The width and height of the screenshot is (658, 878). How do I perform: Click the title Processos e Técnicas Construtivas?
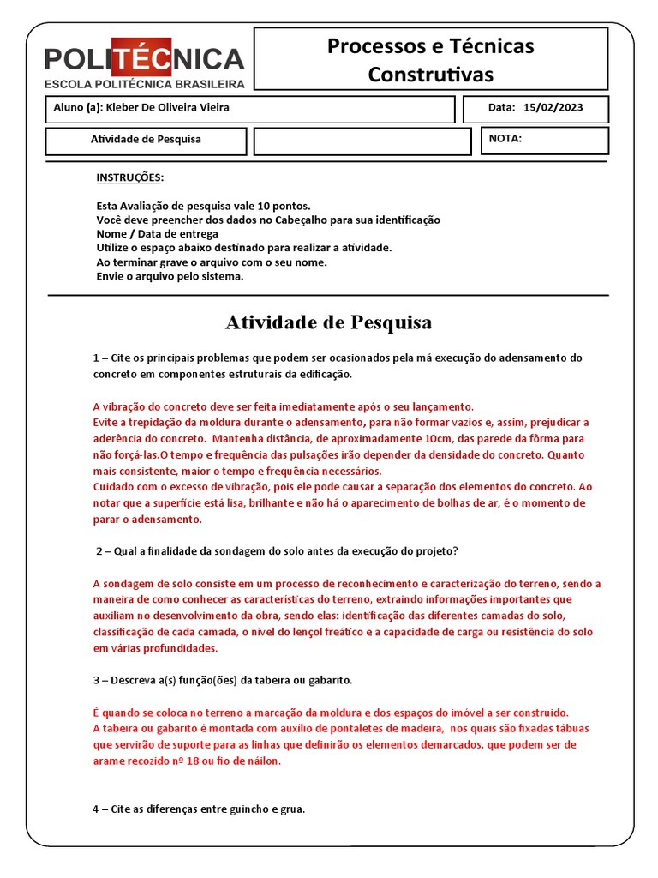coord(430,59)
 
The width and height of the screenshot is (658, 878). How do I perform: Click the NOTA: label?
coord(505,138)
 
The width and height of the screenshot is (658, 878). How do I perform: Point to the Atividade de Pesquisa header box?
coord(146,139)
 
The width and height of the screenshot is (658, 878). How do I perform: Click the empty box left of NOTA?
coord(362,141)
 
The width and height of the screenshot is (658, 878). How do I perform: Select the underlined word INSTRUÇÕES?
coord(129,177)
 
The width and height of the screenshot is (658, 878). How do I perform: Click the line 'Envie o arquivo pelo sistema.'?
coord(170,276)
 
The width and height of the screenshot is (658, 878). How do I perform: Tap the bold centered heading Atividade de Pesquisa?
coord(328,322)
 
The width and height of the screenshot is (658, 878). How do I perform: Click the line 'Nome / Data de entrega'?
coord(157,233)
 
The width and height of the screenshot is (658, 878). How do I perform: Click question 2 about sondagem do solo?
coord(276,550)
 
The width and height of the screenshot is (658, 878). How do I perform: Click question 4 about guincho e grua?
coord(199,809)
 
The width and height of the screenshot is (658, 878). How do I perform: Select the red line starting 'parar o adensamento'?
coord(147,519)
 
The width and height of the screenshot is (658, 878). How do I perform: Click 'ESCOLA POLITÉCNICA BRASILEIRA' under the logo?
coord(144,84)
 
